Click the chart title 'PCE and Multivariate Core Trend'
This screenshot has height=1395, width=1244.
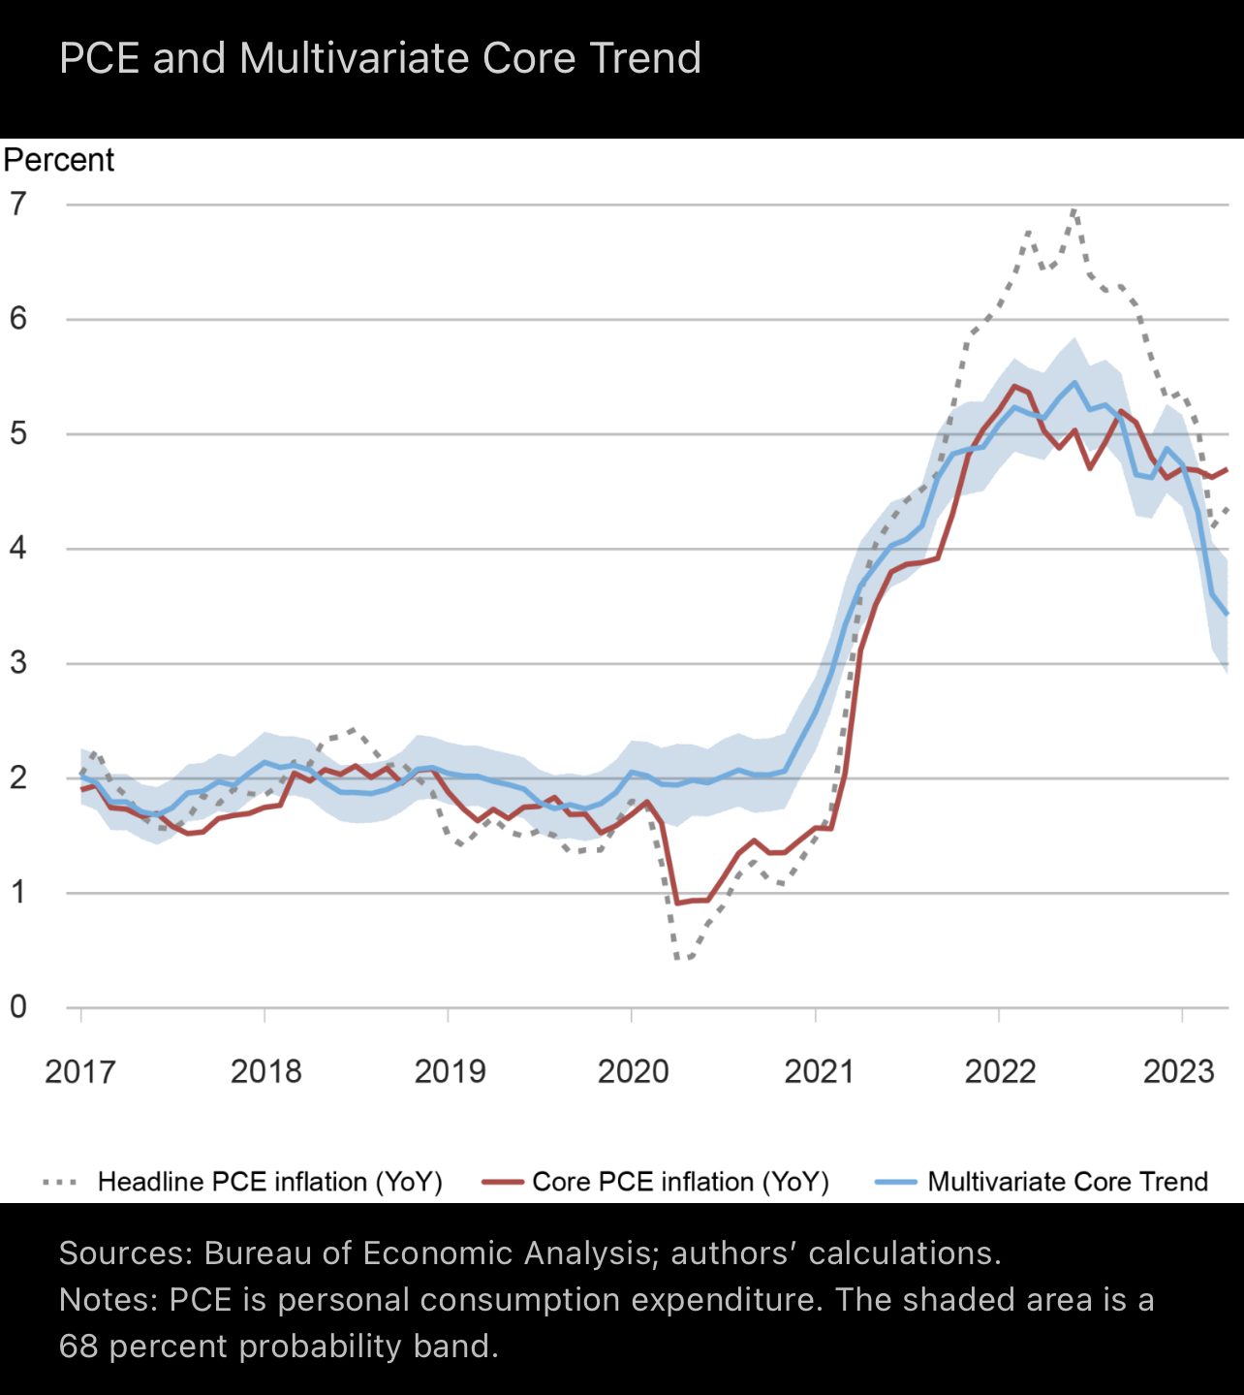click(380, 58)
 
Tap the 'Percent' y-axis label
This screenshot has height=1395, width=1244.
click(59, 160)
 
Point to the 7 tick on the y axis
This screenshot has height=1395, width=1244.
click(18, 205)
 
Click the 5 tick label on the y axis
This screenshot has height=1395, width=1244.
click(18, 433)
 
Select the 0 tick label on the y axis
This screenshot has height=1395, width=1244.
click(18, 1007)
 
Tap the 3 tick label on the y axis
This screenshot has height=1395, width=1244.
click(18, 663)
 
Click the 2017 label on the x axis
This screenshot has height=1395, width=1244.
click(79, 1071)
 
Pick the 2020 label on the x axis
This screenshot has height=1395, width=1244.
click(633, 1071)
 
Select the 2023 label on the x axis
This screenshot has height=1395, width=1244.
click(1178, 1071)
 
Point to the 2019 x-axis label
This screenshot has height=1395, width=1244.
click(450, 1071)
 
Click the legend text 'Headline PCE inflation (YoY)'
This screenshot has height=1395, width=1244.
click(269, 1182)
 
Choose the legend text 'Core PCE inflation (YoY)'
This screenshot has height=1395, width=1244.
click(680, 1182)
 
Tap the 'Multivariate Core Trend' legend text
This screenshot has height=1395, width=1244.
click(1068, 1182)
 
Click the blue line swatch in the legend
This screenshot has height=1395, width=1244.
click(895, 1182)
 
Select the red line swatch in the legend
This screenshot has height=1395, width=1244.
click(502, 1182)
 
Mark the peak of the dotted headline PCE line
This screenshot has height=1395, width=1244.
click(1073, 209)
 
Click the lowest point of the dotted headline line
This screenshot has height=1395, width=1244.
click(679, 959)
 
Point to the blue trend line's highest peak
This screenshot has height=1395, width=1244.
click(1073, 382)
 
